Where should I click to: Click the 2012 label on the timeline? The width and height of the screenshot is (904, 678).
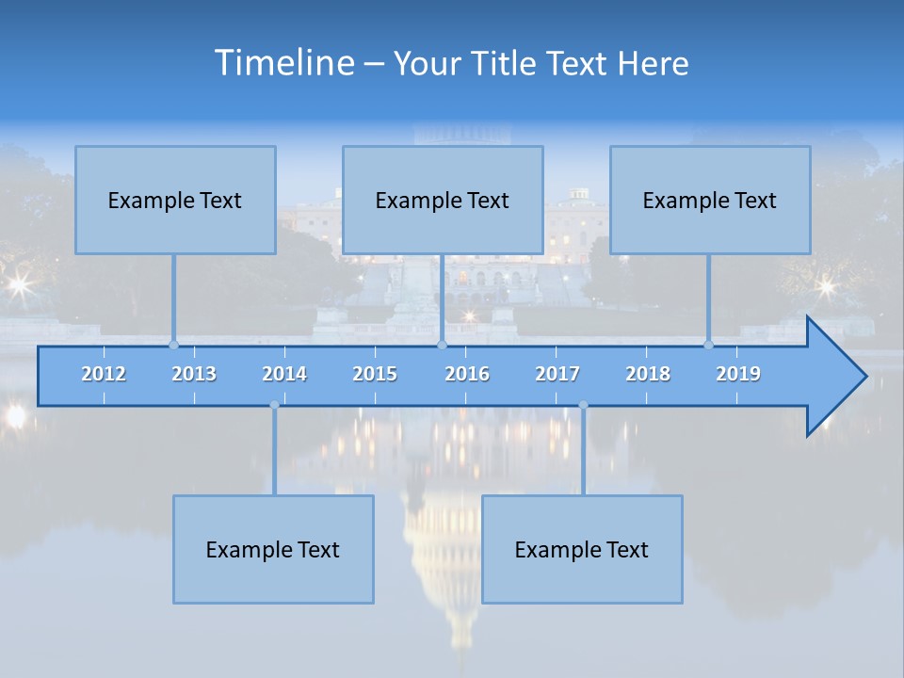tap(104, 374)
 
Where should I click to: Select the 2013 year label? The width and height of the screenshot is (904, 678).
tap(194, 374)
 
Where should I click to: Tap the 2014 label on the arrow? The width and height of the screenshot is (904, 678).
tap(284, 374)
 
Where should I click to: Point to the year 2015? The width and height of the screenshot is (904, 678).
tap(375, 374)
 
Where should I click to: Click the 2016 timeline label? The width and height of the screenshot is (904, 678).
tap(467, 374)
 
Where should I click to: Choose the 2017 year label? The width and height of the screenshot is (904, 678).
tap(557, 374)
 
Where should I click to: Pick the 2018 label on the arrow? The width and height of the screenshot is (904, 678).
tap(648, 374)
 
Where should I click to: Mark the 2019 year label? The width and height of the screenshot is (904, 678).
tap(738, 374)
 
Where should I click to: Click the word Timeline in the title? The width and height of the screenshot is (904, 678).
tap(282, 63)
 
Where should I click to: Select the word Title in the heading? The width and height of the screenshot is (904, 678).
tap(507, 64)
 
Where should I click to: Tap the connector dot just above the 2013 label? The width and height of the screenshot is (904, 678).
tap(173, 345)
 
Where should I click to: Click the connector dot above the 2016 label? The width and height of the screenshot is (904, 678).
tap(442, 345)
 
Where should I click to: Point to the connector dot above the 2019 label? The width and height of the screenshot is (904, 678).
tap(709, 345)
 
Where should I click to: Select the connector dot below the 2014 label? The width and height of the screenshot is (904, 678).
tap(274, 405)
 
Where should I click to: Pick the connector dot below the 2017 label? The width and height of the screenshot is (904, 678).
tap(583, 405)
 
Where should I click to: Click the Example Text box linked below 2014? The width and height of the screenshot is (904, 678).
tap(273, 549)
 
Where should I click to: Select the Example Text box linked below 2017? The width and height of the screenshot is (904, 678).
tap(582, 549)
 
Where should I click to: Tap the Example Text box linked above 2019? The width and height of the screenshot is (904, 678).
tap(710, 200)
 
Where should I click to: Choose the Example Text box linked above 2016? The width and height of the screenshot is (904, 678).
tap(443, 200)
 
